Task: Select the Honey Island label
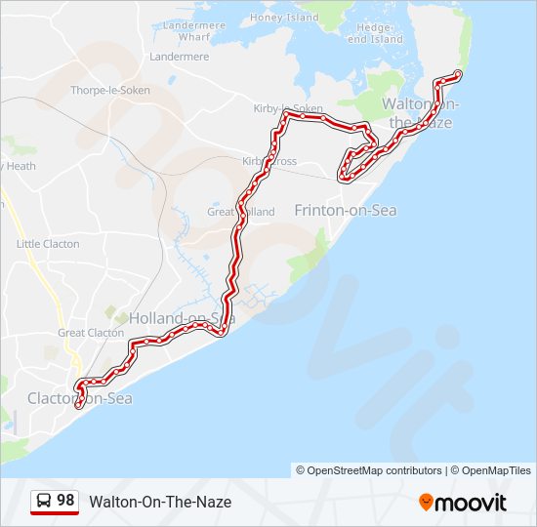click(x=284, y=18)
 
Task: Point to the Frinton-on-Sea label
click(x=346, y=210)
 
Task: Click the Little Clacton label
click(x=48, y=244)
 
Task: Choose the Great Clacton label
click(x=91, y=333)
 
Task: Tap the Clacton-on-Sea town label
click(x=80, y=398)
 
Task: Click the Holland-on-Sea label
click(x=182, y=318)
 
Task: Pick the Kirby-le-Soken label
click(x=287, y=108)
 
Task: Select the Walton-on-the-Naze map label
click(x=420, y=112)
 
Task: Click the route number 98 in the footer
click(x=65, y=501)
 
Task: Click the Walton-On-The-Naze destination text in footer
click(x=160, y=502)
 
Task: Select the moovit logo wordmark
click(x=472, y=503)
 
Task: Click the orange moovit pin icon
click(x=426, y=502)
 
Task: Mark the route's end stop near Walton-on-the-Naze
click(x=458, y=74)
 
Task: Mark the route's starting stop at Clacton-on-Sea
click(x=78, y=404)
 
